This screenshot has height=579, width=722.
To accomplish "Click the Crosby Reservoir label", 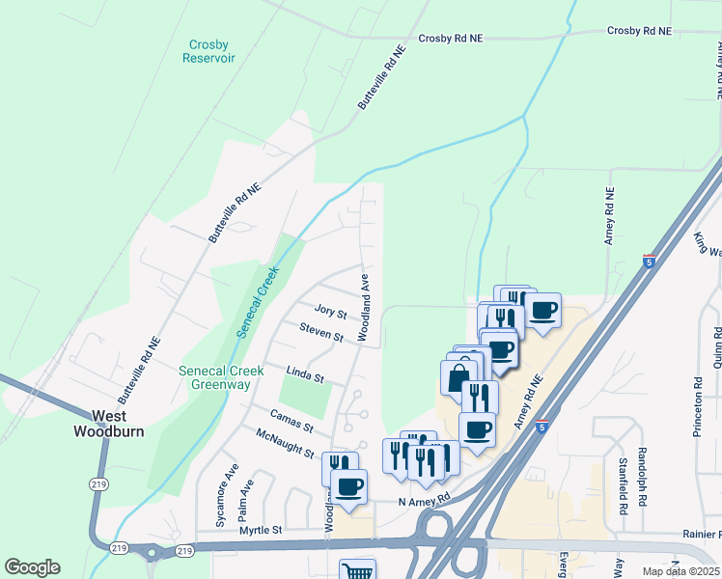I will tap(208, 51).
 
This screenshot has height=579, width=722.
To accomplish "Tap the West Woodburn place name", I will tap(108, 424).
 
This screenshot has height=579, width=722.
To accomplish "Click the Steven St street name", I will tap(321, 334).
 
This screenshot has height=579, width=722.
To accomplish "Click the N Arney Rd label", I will tap(424, 500).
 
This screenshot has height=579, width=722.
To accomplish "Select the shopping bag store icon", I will tap(458, 376).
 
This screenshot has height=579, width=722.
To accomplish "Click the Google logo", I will tap(32, 567).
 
